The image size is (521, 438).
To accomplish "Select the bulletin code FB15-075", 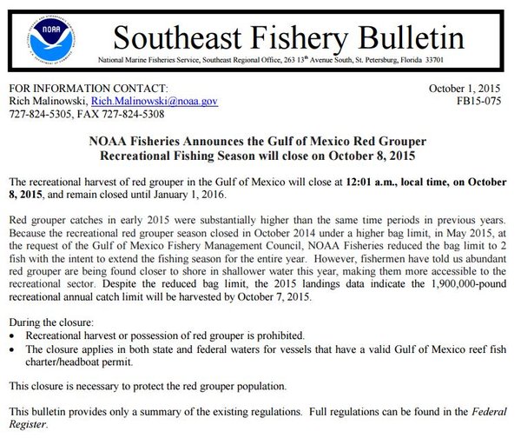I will pyautogui.click(x=483, y=102).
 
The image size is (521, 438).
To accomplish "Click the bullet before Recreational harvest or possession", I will pyautogui.click(x=10, y=336).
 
